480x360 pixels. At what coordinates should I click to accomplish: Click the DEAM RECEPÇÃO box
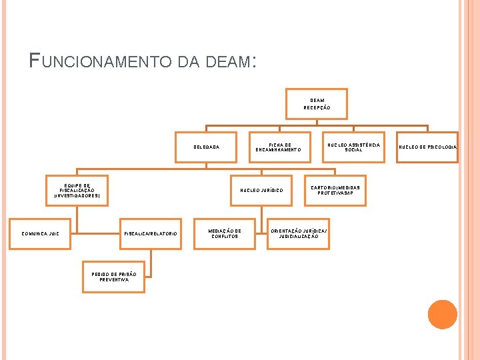pyautogui.click(x=317, y=104)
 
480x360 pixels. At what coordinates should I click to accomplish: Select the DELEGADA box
pyautogui.click(x=205, y=147)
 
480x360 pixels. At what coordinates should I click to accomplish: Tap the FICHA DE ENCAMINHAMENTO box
pyautogui.click(x=279, y=147)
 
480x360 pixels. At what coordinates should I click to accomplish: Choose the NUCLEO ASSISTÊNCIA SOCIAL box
pyautogui.click(x=353, y=147)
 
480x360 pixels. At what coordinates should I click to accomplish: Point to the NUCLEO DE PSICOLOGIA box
pyautogui.click(x=428, y=147)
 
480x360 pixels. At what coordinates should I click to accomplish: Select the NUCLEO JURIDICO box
pyautogui.click(x=261, y=190)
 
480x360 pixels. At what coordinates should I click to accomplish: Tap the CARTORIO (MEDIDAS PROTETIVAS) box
pyautogui.click(x=335, y=190)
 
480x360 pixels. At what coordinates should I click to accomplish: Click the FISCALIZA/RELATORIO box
pyautogui.click(x=150, y=233)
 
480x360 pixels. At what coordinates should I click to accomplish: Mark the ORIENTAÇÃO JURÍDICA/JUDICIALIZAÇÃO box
pyautogui.click(x=298, y=233)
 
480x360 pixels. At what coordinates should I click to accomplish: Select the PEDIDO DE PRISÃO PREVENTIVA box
pyautogui.click(x=113, y=277)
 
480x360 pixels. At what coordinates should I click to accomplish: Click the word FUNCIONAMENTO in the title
pyautogui.click(x=101, y=63)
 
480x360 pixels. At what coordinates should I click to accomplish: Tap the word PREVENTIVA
pyautogui.click(x=113, y=280)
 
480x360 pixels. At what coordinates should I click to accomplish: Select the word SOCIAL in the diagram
pyautogui.click(x=353, y=150)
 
